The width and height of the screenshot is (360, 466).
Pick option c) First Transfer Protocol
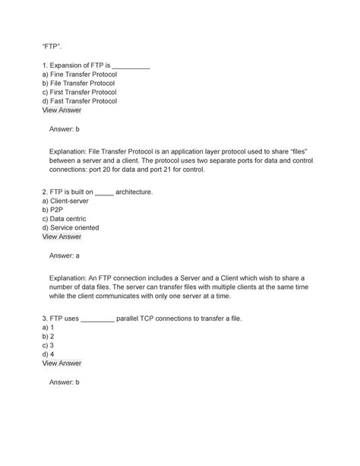pos(80,100)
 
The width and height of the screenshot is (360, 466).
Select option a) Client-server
pos(65,202)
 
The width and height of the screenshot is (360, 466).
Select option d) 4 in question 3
pos(47,353)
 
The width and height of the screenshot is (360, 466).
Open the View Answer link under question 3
pos(62,363)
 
